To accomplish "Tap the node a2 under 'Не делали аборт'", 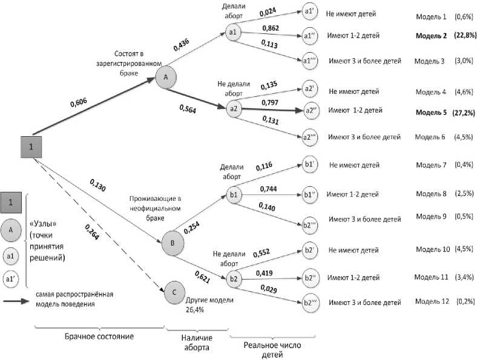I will tap(234, 109).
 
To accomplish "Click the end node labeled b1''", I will tap(311, 195).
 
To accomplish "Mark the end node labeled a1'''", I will tap(311, 61).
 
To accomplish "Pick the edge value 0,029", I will tap(269, 292).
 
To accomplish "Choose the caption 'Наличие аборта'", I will tap(196, 341).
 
